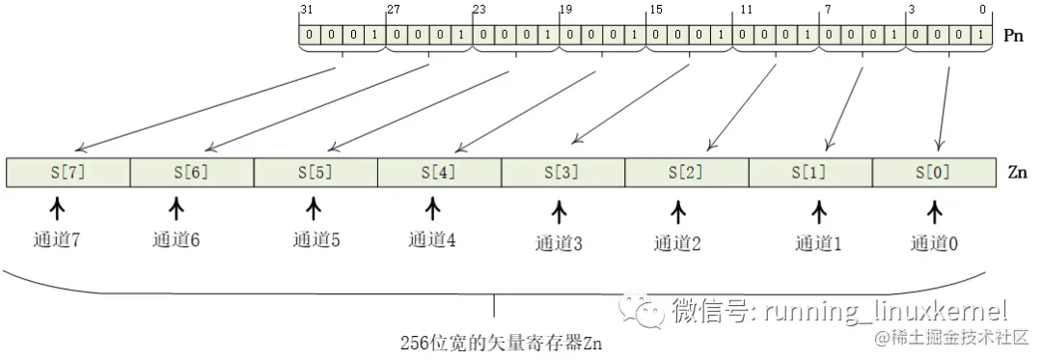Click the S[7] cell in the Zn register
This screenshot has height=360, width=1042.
pyautogui.click(x=68, y=173)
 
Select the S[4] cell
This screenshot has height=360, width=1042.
pyautogui.click(x=439, y=173)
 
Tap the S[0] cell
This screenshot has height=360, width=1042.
pyautogui.click(x=934, y=173)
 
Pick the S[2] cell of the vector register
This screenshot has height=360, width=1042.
pyautogui.click(x=687, y=173)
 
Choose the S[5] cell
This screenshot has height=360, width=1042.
pyautogui.click(x=315, y=173)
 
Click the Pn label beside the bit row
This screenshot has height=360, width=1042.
pyautogui.click(x=1013, y=36)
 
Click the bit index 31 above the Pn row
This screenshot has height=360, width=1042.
pyautogui.click(x=306, y=10)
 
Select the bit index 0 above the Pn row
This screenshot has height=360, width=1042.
pyautogui.click(x=983, y=10)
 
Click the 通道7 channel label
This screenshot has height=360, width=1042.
pyautogui.click(x=54, y=238)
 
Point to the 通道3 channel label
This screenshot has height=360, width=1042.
pyautogui.click(x=559, y=242)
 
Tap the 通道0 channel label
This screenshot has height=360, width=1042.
pyautogui.click(x=934, y=242)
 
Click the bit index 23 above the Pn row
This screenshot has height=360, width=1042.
pyautogui.click(x=479, y=10)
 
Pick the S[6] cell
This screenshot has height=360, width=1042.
pyautogui.click(x=191, y=173)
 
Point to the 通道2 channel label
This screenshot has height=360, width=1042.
pyautogui.click(x=677, y=242)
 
